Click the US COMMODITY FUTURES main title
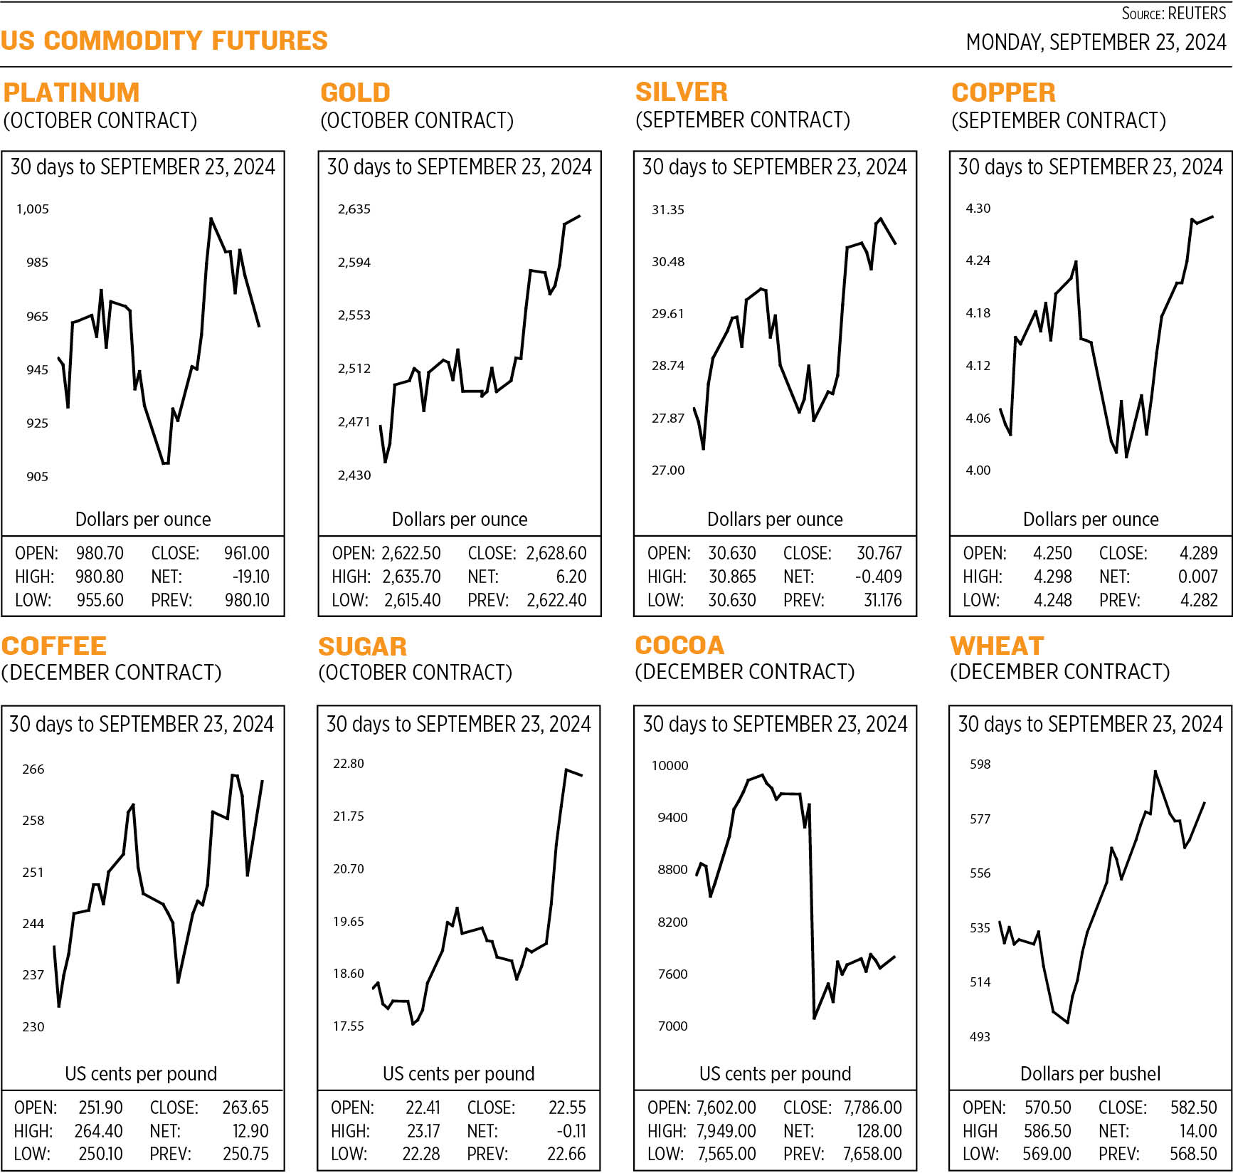point(164,41)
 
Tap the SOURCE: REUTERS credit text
point(1173,14)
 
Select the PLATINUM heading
point(71,93)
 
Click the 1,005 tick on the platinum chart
point(33,209)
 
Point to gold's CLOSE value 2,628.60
point(556,553)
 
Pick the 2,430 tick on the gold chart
point(354,475)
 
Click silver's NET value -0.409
point(878,577)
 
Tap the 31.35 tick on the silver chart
point(667,210)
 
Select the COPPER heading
point(1003,93)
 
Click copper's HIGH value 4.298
point(1052,577)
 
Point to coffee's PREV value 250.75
point(245,1153)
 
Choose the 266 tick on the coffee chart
point(33,769)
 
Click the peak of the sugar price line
point(566,770)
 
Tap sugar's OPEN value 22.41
point(423,1108)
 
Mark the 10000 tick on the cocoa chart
point(670,766)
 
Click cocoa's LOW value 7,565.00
point(726,1154)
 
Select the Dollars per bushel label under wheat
point(1090,1073)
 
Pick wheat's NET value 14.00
point(1197,1131)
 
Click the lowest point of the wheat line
point(1068,1023)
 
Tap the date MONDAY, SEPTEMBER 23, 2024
point(1096,43)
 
